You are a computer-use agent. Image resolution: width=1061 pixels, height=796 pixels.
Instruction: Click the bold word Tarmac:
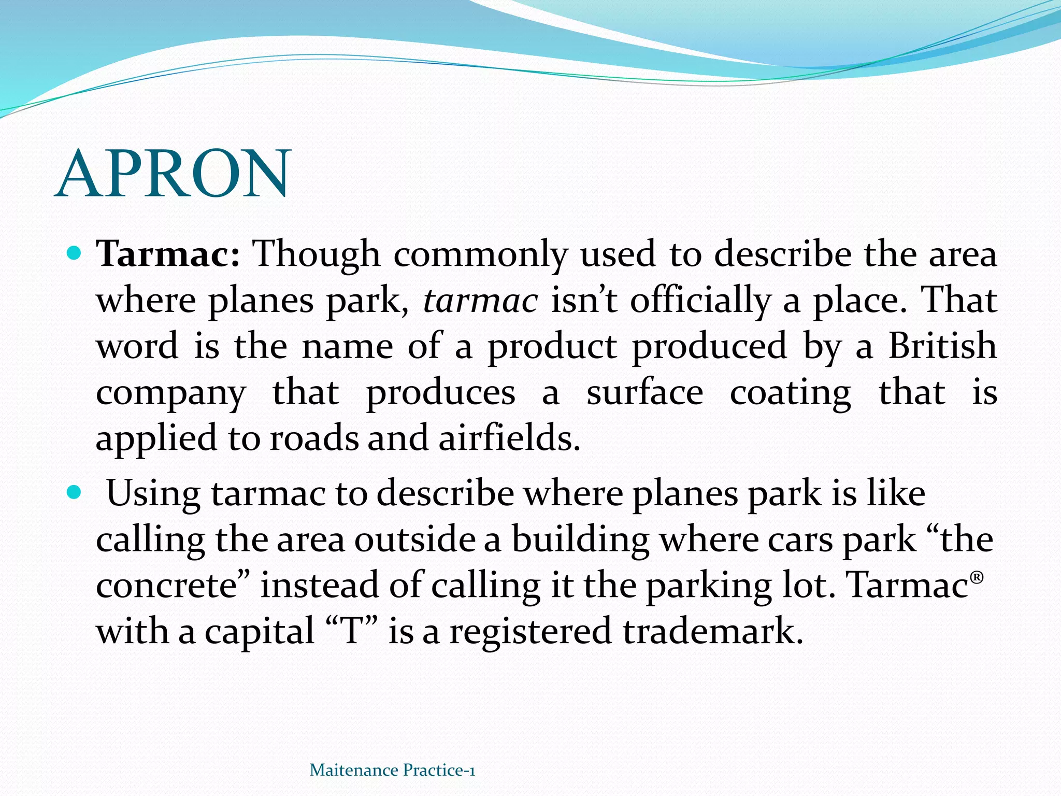point(168,254)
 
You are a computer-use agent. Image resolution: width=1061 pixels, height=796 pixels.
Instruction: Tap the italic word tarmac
point(480,301)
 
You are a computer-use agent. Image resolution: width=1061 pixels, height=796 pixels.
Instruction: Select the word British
point(942,346)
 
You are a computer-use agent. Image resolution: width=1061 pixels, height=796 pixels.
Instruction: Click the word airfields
point(509,438)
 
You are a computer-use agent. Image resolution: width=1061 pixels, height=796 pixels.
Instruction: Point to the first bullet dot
point(75,254)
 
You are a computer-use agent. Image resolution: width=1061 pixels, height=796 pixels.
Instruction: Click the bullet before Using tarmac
point(75,492)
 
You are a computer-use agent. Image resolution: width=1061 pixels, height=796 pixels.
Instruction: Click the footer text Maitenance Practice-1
point(392,770)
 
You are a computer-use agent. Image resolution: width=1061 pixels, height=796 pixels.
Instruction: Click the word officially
point(700,301)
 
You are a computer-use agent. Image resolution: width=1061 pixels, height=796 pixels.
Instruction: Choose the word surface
point(644,392)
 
